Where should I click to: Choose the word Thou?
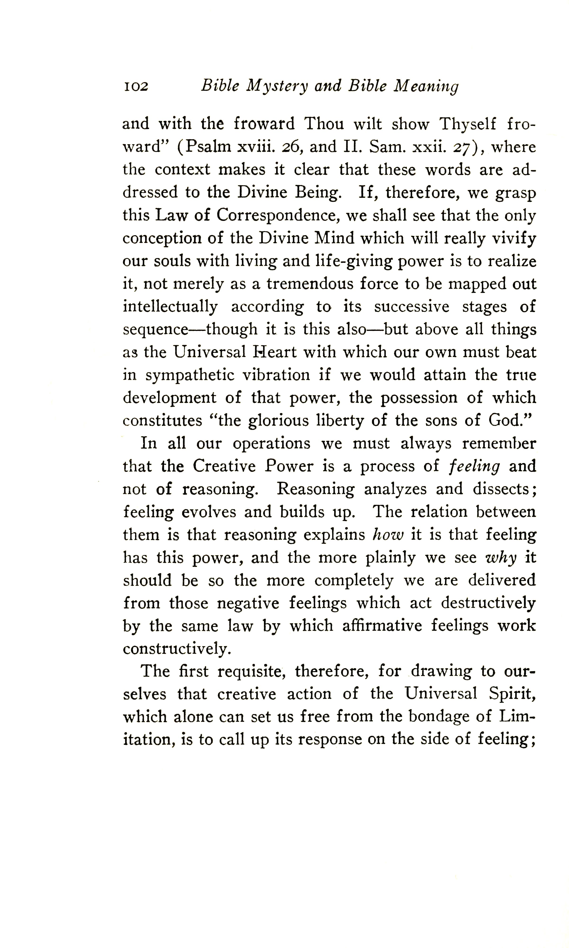pyautogui.click(x=324, y=124)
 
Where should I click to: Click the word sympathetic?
pyautogui.click(x=190, y=375)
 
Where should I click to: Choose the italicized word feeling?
pyautogui.click(x=474, y=466)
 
